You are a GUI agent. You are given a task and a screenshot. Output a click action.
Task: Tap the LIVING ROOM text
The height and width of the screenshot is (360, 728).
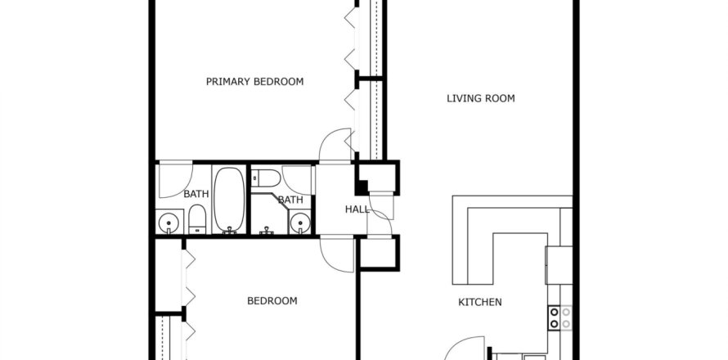480,99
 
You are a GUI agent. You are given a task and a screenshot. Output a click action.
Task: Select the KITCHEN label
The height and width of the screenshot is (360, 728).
479,303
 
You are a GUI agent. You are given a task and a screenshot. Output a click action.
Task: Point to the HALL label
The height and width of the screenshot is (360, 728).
357,210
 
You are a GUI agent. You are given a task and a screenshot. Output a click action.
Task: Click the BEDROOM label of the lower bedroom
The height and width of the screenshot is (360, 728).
272,301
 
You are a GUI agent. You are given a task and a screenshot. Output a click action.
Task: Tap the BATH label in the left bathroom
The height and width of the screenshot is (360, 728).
195,195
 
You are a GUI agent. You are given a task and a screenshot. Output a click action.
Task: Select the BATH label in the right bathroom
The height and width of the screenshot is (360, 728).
290,200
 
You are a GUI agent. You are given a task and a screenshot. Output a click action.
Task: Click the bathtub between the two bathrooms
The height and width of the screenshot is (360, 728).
229,199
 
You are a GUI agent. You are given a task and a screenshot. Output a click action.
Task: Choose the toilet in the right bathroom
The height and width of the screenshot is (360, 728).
266,178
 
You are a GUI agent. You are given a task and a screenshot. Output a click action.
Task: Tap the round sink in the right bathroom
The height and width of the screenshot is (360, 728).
301,222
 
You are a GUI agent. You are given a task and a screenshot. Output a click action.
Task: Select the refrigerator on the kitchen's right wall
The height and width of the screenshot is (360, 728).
559,264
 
